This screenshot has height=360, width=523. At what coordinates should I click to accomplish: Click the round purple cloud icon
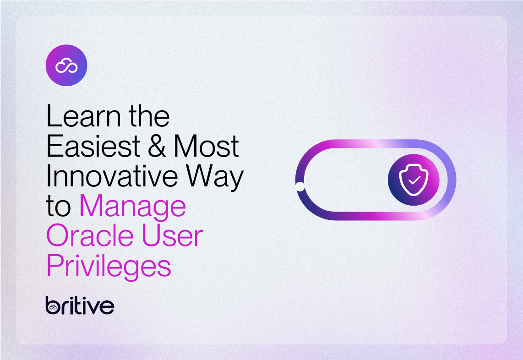66,65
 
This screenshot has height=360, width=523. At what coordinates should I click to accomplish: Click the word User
177,236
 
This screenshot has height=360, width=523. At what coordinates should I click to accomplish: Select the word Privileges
109,267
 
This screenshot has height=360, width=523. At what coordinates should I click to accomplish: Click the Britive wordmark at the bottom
80,305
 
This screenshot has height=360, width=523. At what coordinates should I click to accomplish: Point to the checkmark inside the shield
414,180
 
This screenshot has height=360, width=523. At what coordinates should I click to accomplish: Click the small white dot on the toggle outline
300,186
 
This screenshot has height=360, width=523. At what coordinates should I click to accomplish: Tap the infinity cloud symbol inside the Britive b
53,308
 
